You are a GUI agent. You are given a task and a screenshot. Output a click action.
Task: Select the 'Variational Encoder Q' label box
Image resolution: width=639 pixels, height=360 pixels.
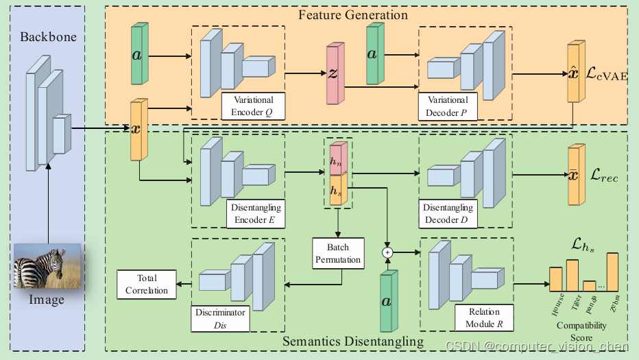252,105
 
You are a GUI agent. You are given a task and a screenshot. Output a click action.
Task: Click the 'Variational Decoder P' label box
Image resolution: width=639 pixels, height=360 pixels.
448,105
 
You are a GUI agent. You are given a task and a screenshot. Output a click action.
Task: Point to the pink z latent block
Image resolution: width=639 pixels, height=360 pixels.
333,74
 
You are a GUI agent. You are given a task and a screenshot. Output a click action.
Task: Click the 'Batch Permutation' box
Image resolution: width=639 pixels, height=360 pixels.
337,252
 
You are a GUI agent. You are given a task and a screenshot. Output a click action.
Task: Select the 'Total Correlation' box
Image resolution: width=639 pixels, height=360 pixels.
146,284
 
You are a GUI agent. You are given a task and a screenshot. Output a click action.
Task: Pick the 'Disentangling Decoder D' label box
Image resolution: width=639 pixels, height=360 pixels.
448,213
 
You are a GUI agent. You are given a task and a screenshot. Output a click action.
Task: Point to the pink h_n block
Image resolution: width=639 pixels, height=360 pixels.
339,159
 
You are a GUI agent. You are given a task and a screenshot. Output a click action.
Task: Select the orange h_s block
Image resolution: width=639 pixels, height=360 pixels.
339,189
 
